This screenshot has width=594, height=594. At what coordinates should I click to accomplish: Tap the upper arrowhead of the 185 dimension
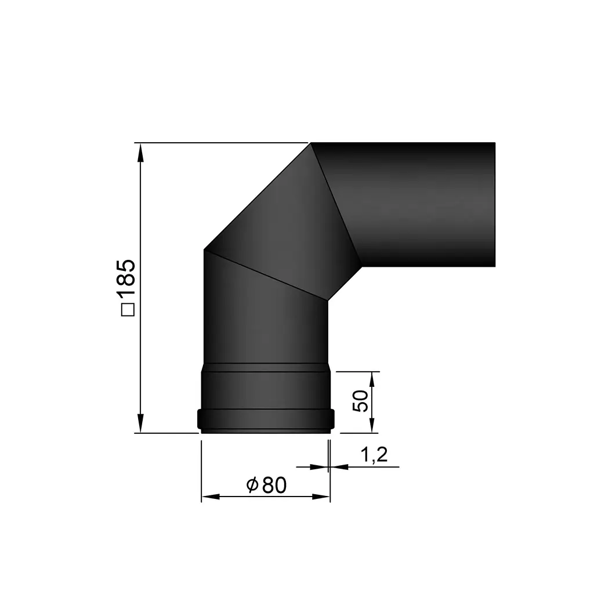140,151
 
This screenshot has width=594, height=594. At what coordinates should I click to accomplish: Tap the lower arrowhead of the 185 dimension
140,424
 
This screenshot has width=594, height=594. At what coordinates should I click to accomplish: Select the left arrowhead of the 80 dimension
209,497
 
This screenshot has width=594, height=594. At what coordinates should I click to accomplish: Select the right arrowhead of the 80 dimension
321,497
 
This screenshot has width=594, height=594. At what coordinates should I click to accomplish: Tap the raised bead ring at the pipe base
266,419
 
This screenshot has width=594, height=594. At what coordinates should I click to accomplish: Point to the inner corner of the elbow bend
328,299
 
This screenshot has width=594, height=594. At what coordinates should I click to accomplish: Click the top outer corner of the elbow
312,143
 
